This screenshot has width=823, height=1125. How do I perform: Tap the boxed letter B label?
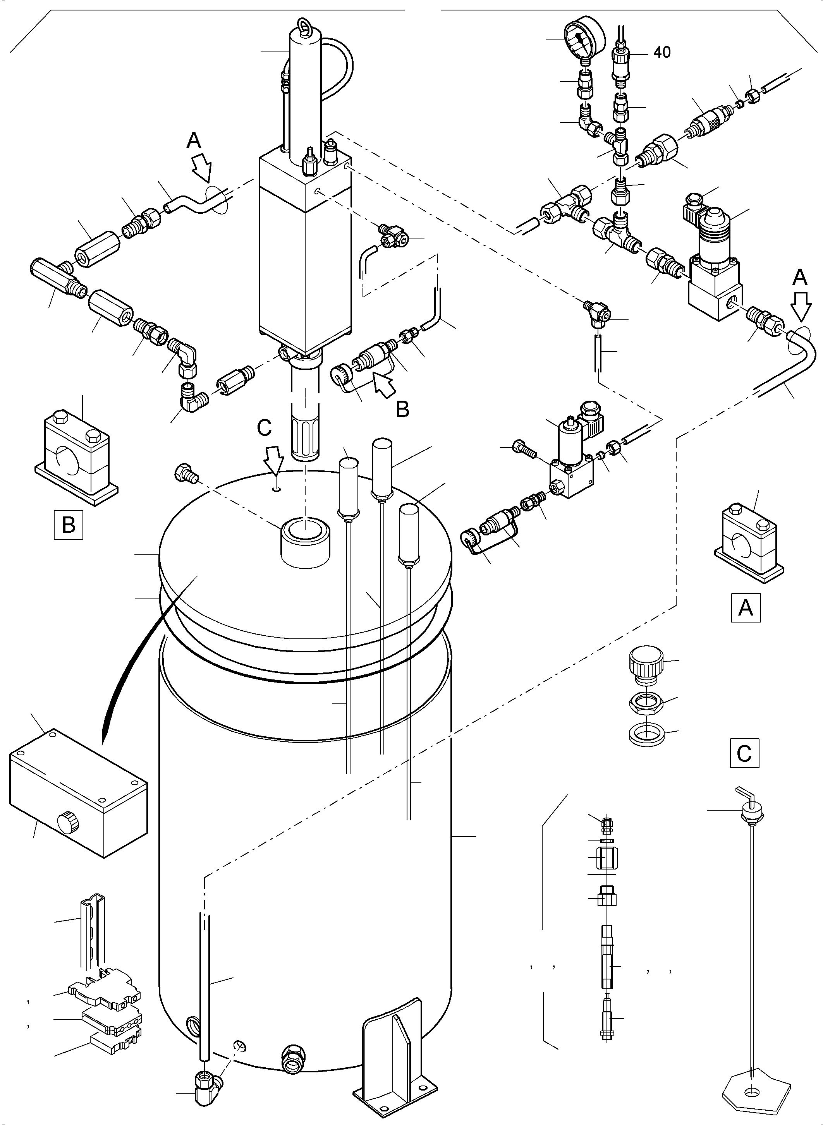[x=68, y=525]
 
